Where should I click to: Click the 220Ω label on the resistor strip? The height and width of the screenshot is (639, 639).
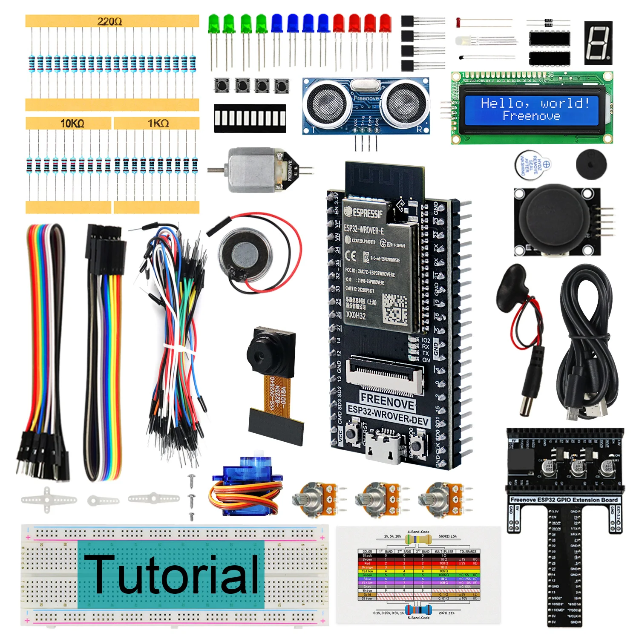click(109, 21)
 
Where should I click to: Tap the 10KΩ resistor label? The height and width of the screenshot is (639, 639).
click(72, 124)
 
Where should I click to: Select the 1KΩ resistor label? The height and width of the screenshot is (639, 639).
click(158, 124)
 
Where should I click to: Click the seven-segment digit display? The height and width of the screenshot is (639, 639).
click(598, 43)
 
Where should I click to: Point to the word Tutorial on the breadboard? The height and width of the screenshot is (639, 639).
click(171, 574)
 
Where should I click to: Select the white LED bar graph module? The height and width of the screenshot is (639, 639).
click(250, 118)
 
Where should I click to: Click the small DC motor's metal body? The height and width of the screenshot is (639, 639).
click(251, 170)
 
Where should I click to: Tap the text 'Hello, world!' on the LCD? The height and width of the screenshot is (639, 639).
click(535, 103)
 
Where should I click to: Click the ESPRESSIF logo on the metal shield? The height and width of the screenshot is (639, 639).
click(364, 212)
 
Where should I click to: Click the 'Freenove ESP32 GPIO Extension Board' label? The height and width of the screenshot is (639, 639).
click(564, 500)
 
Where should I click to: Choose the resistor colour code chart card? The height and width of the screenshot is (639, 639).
click(418, 575)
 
